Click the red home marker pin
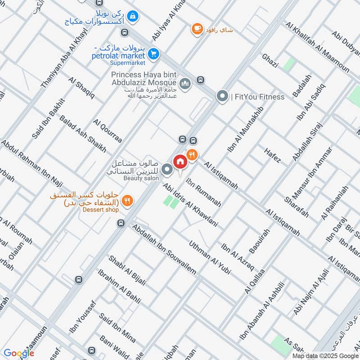tap(180, 161)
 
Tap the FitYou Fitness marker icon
tap(222, 96)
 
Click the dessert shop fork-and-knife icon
tap(127, 201)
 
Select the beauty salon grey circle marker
tap(167, 170)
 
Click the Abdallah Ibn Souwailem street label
tap(164, 249)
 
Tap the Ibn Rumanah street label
tap(203, 193)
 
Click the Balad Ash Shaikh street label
tap(83, 134)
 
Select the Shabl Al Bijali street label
tap(127, 270)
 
